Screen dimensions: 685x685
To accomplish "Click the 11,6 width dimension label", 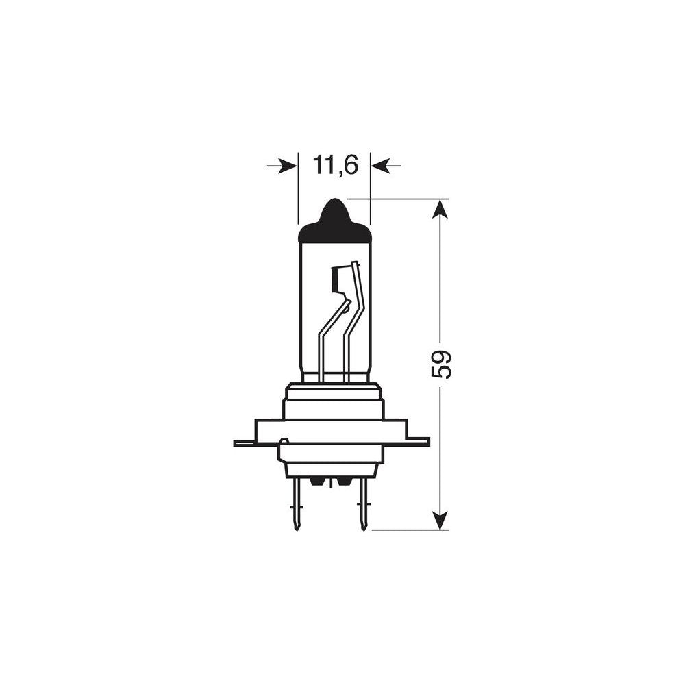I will click(x=335, y=165).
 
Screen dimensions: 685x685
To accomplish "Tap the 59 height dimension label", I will click(x=442, y=364).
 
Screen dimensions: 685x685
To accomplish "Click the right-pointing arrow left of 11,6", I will click(x=282, y=166).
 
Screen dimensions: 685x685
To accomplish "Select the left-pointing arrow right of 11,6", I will click(x=386, y=166).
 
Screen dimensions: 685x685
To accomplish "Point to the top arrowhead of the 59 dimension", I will click(x=440, y=208).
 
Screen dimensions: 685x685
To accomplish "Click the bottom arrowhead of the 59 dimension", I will click(x=440, y=520).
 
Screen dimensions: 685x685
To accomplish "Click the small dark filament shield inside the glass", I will click(x=336, y=277).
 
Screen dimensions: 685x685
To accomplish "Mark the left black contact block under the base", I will click(x=317, y=482).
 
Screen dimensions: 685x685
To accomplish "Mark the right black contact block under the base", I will click(x=343, y=482).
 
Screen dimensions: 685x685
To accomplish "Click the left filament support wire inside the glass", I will click(x=322, y=349).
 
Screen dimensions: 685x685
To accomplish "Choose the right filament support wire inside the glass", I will click(x=347, y=349).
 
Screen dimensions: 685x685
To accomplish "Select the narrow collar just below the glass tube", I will click(x=334, y=391).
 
